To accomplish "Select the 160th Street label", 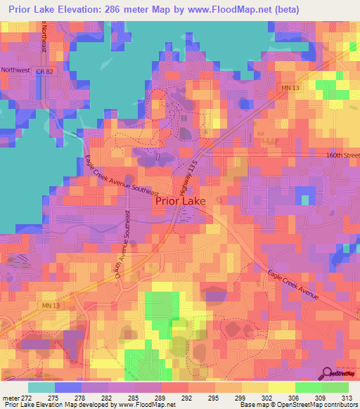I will [x=342, y=156].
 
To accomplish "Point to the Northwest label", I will [x=16, y=70].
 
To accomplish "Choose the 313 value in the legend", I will [x=348, y=398].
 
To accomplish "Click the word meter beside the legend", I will [x=11, y=398].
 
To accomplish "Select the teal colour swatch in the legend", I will [x=41, y=387].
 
